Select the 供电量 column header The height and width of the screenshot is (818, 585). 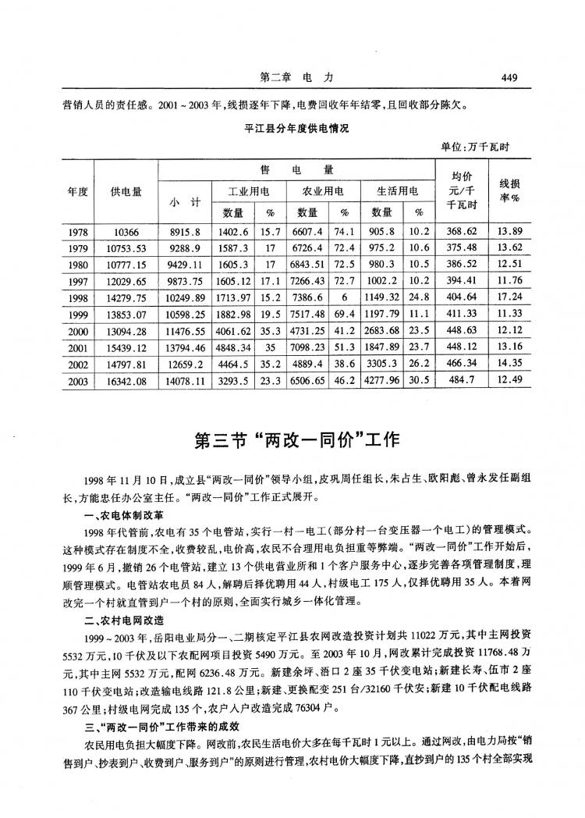pyautogui.click(x=126, y=191)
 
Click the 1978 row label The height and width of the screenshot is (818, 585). pyautogui.click(x=76, y=232)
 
